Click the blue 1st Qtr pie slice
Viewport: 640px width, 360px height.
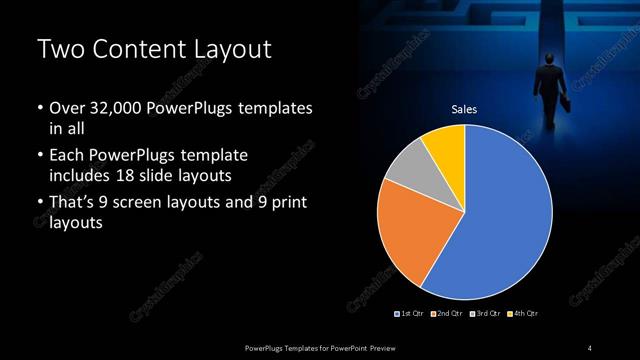pyautogui.click(x=505, y=215)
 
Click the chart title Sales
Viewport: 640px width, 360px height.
pyautogui.click(x=465, y=109)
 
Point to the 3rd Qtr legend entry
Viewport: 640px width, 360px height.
pyautogui.click(x=485, y=314)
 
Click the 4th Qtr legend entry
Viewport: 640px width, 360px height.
pyautogui.click(x=522, y=314)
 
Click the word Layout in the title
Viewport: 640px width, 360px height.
pyautogui.click(x=225, y=50)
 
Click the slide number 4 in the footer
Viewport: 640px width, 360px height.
pyautogui.click(x=590, y=347)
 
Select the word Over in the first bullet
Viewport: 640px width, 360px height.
pyautogui.click(x=66, y=108)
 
